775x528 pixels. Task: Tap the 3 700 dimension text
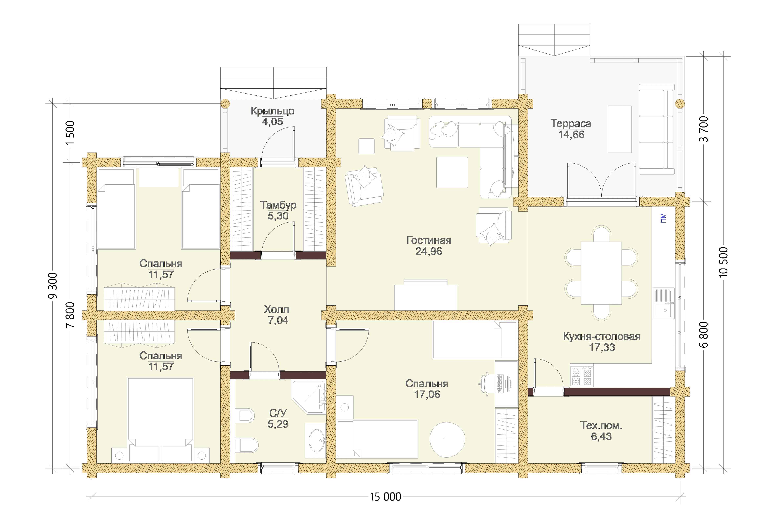coord(703,129)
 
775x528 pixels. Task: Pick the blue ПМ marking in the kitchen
coord(663,218)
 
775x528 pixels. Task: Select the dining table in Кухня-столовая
coord(601,273)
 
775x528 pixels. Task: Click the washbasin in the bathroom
coord(316,440)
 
